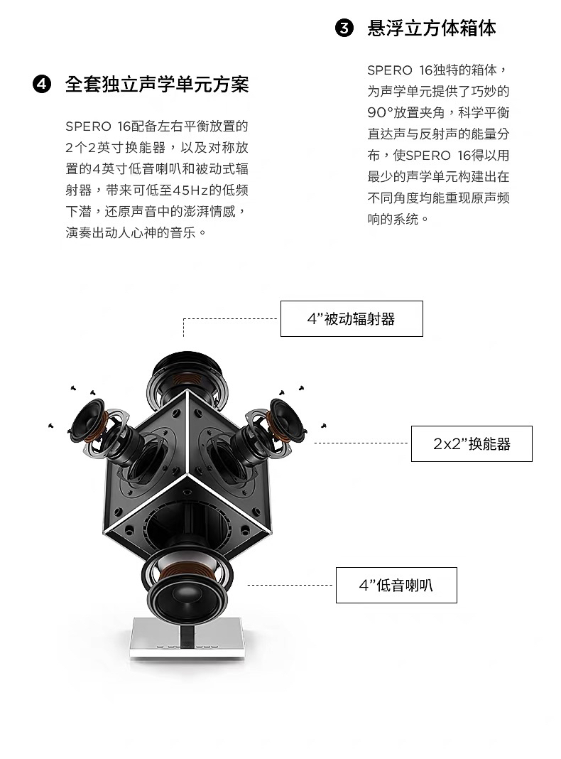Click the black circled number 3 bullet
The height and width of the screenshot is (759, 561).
coord(344,29)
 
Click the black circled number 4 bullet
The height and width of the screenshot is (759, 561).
coord(42,85)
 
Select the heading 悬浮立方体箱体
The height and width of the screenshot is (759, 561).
coord(432,29)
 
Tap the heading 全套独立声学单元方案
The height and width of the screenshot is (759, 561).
coord(157,85)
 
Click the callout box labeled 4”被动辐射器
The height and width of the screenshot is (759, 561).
coord(352,318)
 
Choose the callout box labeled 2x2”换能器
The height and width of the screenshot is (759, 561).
coord(472,444)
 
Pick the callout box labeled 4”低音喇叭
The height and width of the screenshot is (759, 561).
coord(396,585)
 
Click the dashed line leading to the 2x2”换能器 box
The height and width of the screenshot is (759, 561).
coord(362,443)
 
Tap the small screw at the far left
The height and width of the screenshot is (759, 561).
coord(50,426)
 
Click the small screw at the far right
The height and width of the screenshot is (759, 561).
coord(324,425)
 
